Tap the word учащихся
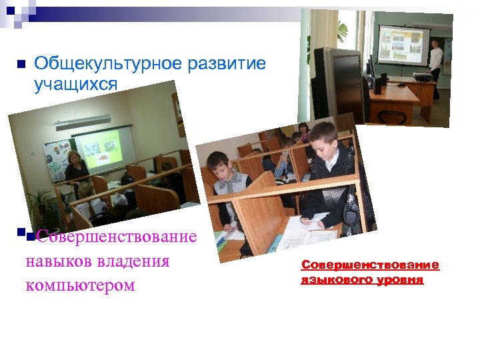[x=75, y=85]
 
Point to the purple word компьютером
[x=80, y=285]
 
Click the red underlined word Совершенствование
[x=370, y=265]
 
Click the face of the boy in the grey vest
[x=219, y=165]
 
